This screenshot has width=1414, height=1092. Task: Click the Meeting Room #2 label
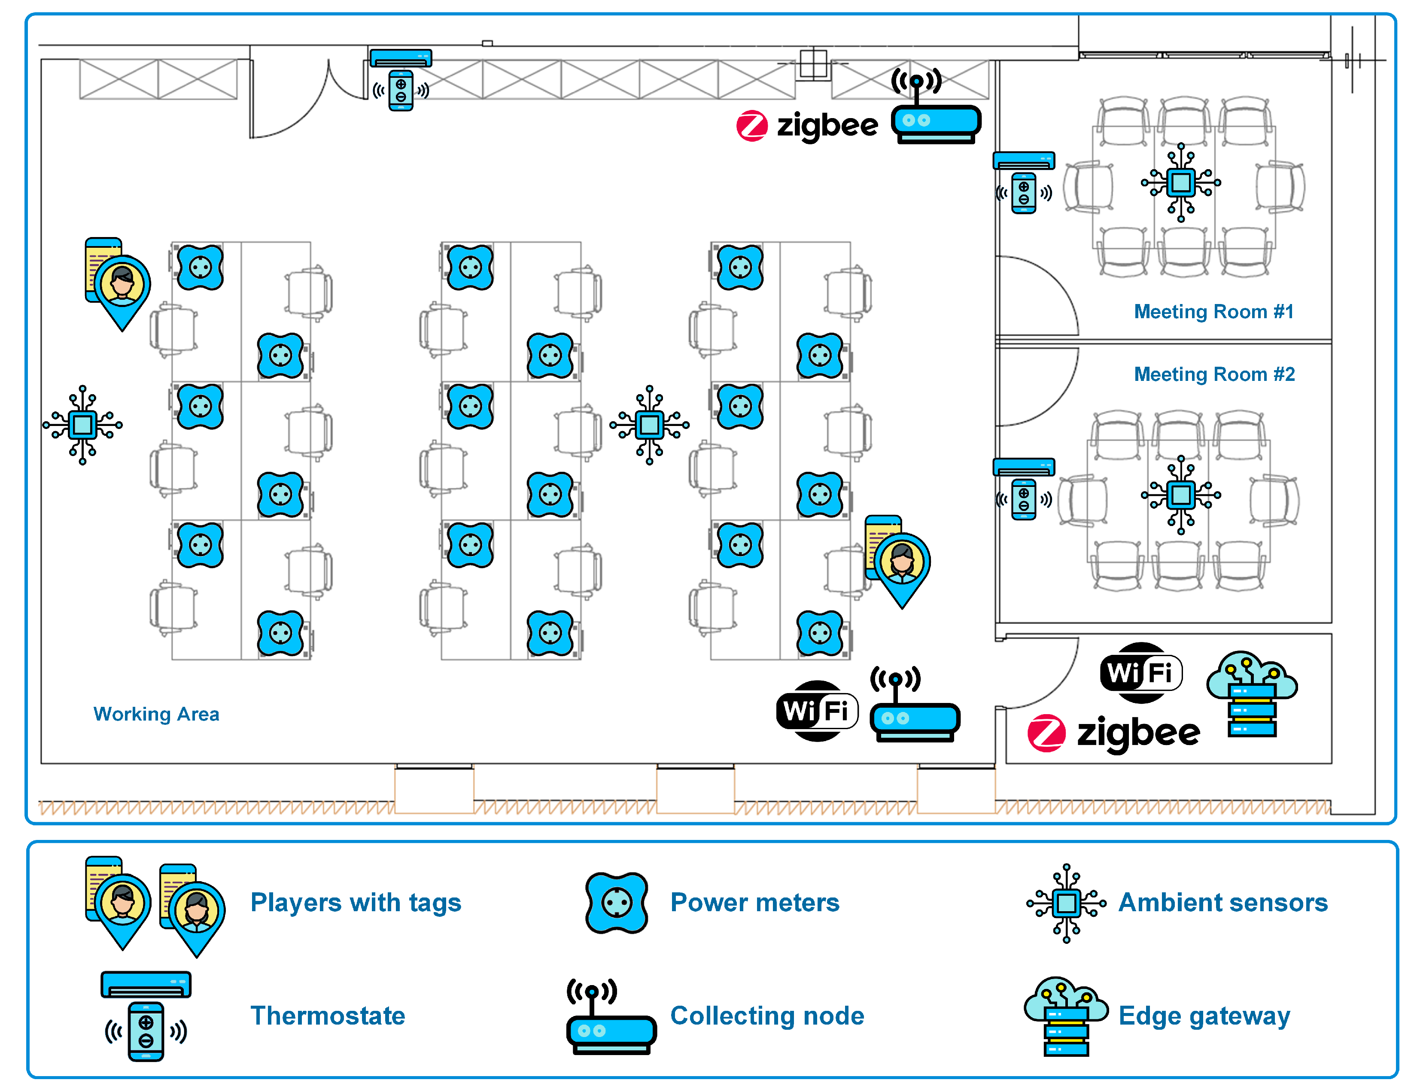[x=1214, y=374]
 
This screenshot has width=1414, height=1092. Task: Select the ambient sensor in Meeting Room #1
[x=1181, y=183]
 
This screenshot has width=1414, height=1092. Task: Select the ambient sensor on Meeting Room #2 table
[x=1181, y=495]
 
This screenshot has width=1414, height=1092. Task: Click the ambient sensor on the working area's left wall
[x=83, y=425]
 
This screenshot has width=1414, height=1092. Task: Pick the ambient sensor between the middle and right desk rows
[x=649, y=425]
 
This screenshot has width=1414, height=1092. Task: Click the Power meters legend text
[x=754, y=902]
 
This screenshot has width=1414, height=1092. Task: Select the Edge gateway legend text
[x=1204, y=1016]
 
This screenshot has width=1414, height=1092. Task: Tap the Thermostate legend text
[x=328, y=1016]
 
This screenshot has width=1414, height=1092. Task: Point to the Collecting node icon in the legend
[x=611, y=1018]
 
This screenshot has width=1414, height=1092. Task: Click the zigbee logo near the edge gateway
[x=1113, y=733]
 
